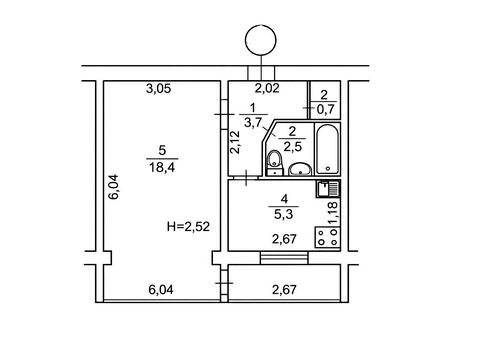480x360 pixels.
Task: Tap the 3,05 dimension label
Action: [158, 89]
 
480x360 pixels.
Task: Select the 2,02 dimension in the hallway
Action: [267, 89]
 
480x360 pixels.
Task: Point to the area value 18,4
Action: [162, 167]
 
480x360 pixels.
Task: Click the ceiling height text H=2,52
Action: [188, 227]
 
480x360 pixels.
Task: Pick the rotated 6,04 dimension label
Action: [114, 187]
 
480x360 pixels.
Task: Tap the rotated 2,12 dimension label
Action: [235, 142]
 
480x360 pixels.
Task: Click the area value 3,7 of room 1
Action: [252, 123]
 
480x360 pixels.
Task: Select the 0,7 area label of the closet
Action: [325, 109]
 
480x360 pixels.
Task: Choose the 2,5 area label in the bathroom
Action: [292, 146]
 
